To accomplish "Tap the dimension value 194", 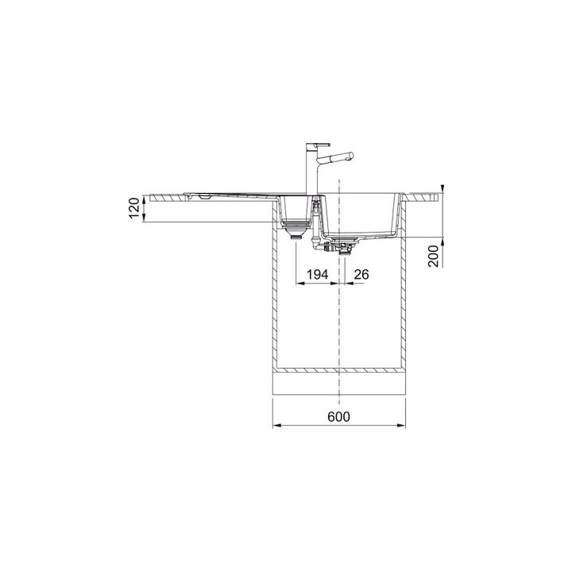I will pos(318,274).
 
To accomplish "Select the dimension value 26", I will pos(361,274).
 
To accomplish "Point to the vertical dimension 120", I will pos(134,208).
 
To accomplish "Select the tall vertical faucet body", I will pos(311,171).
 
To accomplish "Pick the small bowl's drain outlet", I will pos(296,234).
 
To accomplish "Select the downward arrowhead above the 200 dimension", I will pos(443,185).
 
